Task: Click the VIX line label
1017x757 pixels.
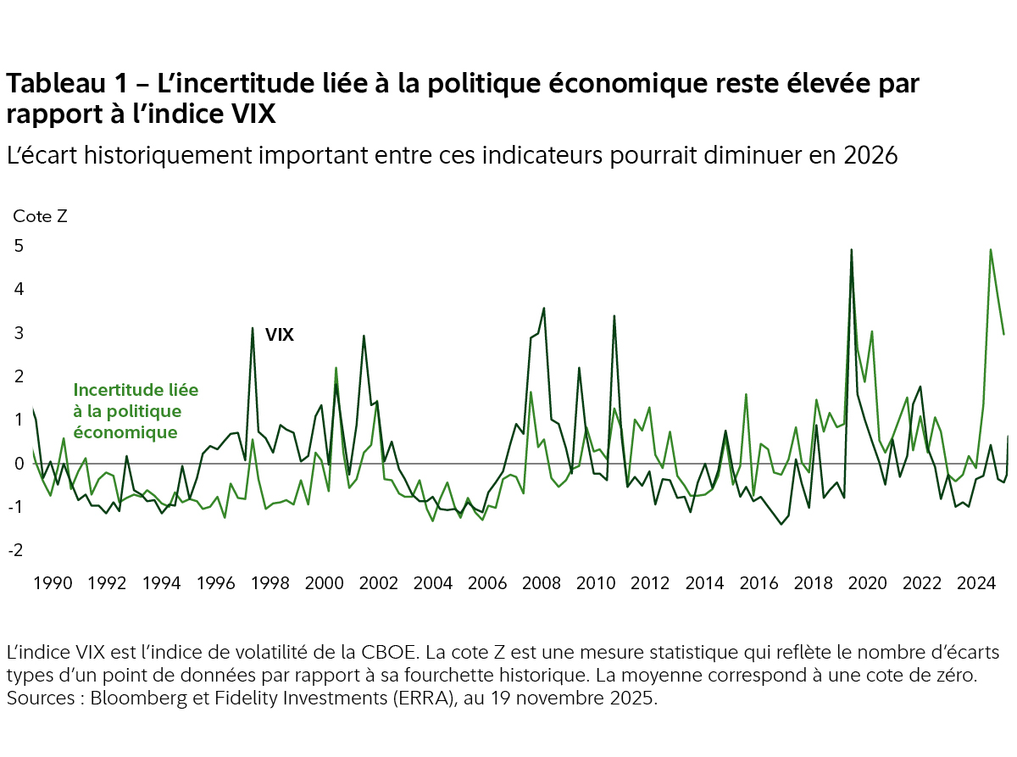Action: click(x=280, y=335)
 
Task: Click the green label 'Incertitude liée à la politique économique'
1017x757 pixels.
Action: click(x=136, y=411)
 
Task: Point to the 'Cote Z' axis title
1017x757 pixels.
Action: click(x=40, y=215)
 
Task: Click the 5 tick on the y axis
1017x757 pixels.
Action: click(x=18, y=246)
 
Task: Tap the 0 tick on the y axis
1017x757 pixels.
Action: click(x=18, y=464)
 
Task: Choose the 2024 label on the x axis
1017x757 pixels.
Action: click(x=975, y=584)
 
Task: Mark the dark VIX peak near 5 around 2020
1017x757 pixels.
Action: click(x=851, y=250)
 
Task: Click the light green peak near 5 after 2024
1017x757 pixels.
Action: click(x=991, y=250)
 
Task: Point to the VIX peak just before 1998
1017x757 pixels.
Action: click(x=253, y=328)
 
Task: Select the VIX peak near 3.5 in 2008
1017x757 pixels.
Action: click(x=543, y=309)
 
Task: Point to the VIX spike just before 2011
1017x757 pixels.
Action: click(x=614, y=316)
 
